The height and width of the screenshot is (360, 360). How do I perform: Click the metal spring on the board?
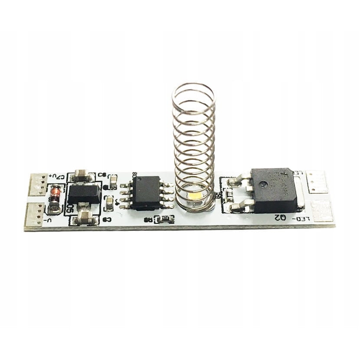pos(193,143)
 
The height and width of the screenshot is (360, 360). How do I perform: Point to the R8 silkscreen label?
pos(149,220)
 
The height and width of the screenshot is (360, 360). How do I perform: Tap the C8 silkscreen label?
pos(102,175)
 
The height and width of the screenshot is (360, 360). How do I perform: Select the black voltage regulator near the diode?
pos(83,194)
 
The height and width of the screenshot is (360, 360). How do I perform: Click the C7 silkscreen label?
pos(59,177)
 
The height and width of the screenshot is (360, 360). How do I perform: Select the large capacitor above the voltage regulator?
pos(81,176)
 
